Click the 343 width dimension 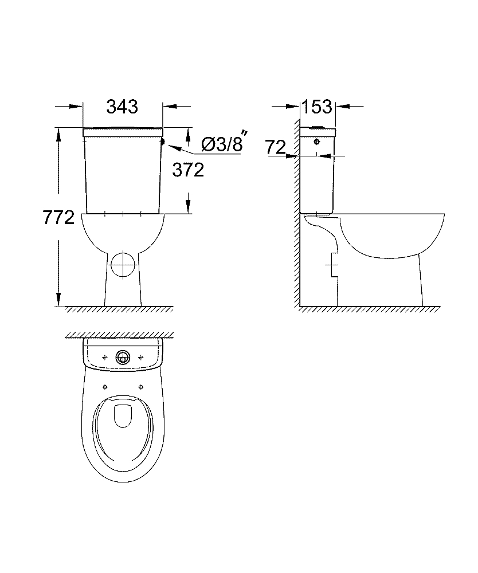coord(122,107)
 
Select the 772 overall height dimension coord(58,218)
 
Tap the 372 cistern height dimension coord(188,170)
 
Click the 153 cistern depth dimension coord(317,107)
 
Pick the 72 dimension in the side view coord(276,147)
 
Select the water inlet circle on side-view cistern coord(317,142)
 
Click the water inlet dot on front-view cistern coord(163,142)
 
